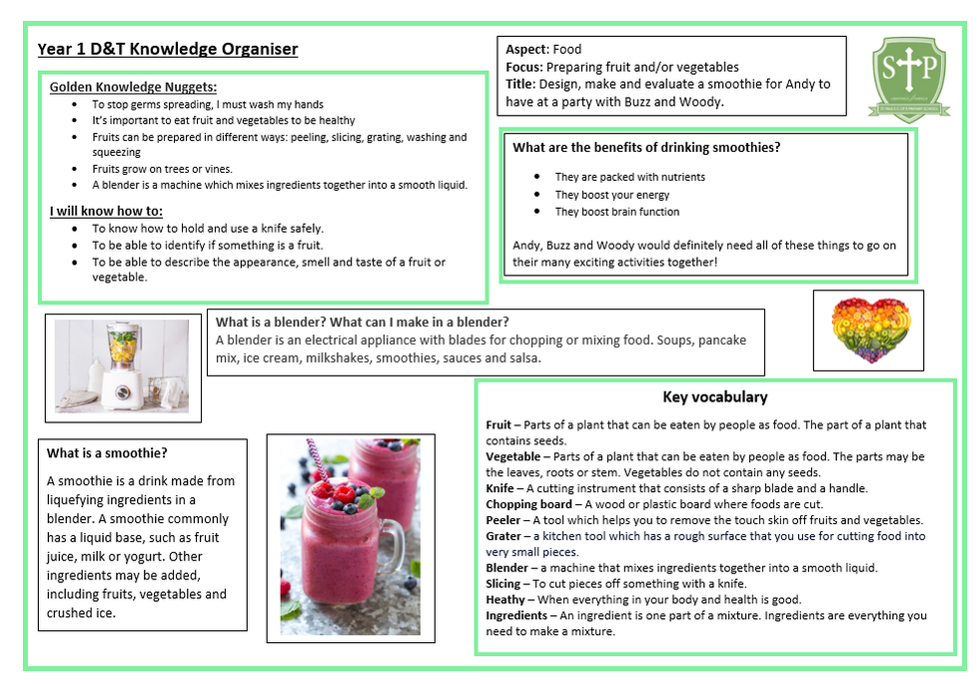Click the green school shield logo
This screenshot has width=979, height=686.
(x=907, y=79)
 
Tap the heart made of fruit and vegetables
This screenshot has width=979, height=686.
(x=867, y=331)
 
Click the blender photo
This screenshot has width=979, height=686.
(x=121, y=365)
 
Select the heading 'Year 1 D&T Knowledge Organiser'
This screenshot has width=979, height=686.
(x=168, y=49)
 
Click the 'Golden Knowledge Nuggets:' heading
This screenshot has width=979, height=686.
(x=133, y=87)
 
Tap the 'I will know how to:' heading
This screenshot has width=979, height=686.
(x=106, y=211)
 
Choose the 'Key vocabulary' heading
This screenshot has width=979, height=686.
(x=714, y=397)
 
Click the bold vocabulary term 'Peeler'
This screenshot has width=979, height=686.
(x=503, y=520)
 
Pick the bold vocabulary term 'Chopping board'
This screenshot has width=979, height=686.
(x=528, y=504)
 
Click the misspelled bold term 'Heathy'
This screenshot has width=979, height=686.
(x=505, y=599)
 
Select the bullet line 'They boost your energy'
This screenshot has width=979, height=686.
(x=612, y=195)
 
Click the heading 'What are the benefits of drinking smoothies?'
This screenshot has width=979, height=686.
(x=646, y=148)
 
